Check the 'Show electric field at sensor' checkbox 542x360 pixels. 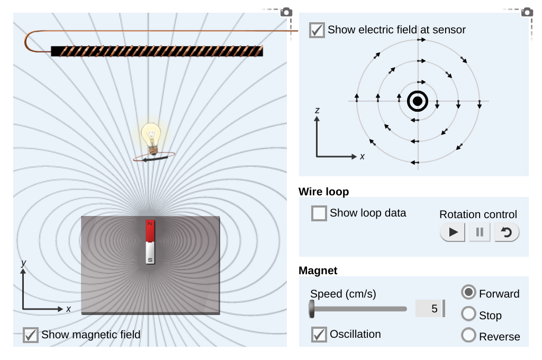coord(317,30)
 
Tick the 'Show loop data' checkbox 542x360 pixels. coord(319,213)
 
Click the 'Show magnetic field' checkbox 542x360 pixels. coord(31,335)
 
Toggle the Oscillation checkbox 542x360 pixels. coord(319,335)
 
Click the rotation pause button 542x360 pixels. coord(480,232)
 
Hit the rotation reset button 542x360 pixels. coord(507,232)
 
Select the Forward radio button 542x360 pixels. coord(468,293)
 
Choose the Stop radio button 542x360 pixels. coord(468,314)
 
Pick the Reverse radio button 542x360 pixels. coord(468,336)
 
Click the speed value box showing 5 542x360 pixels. coord(429,309)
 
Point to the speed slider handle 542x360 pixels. coord(312,309)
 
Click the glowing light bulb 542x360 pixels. coord(151,137)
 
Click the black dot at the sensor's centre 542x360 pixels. coord(418,101)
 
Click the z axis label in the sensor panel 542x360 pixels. coord(317,110)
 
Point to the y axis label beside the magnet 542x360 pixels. coord(24,263)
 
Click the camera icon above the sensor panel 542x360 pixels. coord(527,12)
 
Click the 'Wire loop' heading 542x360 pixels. coord(323,192)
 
